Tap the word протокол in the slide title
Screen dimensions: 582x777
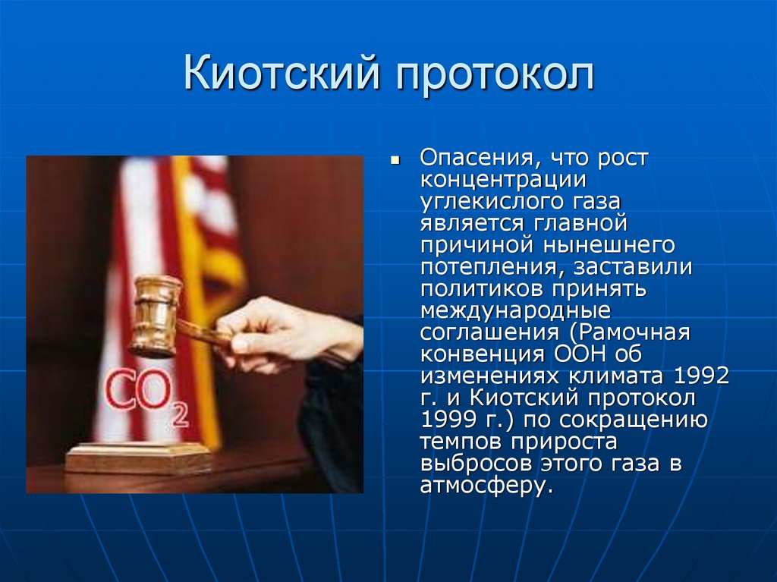pyautogui.click(x=493, y=77)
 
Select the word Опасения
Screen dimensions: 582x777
pyautogui.click(x=470, y=161)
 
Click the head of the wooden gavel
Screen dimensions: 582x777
pyautogui.click(x=156, y=316)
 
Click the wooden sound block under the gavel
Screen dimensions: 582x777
pyautogui.click(x=138, y=458)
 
